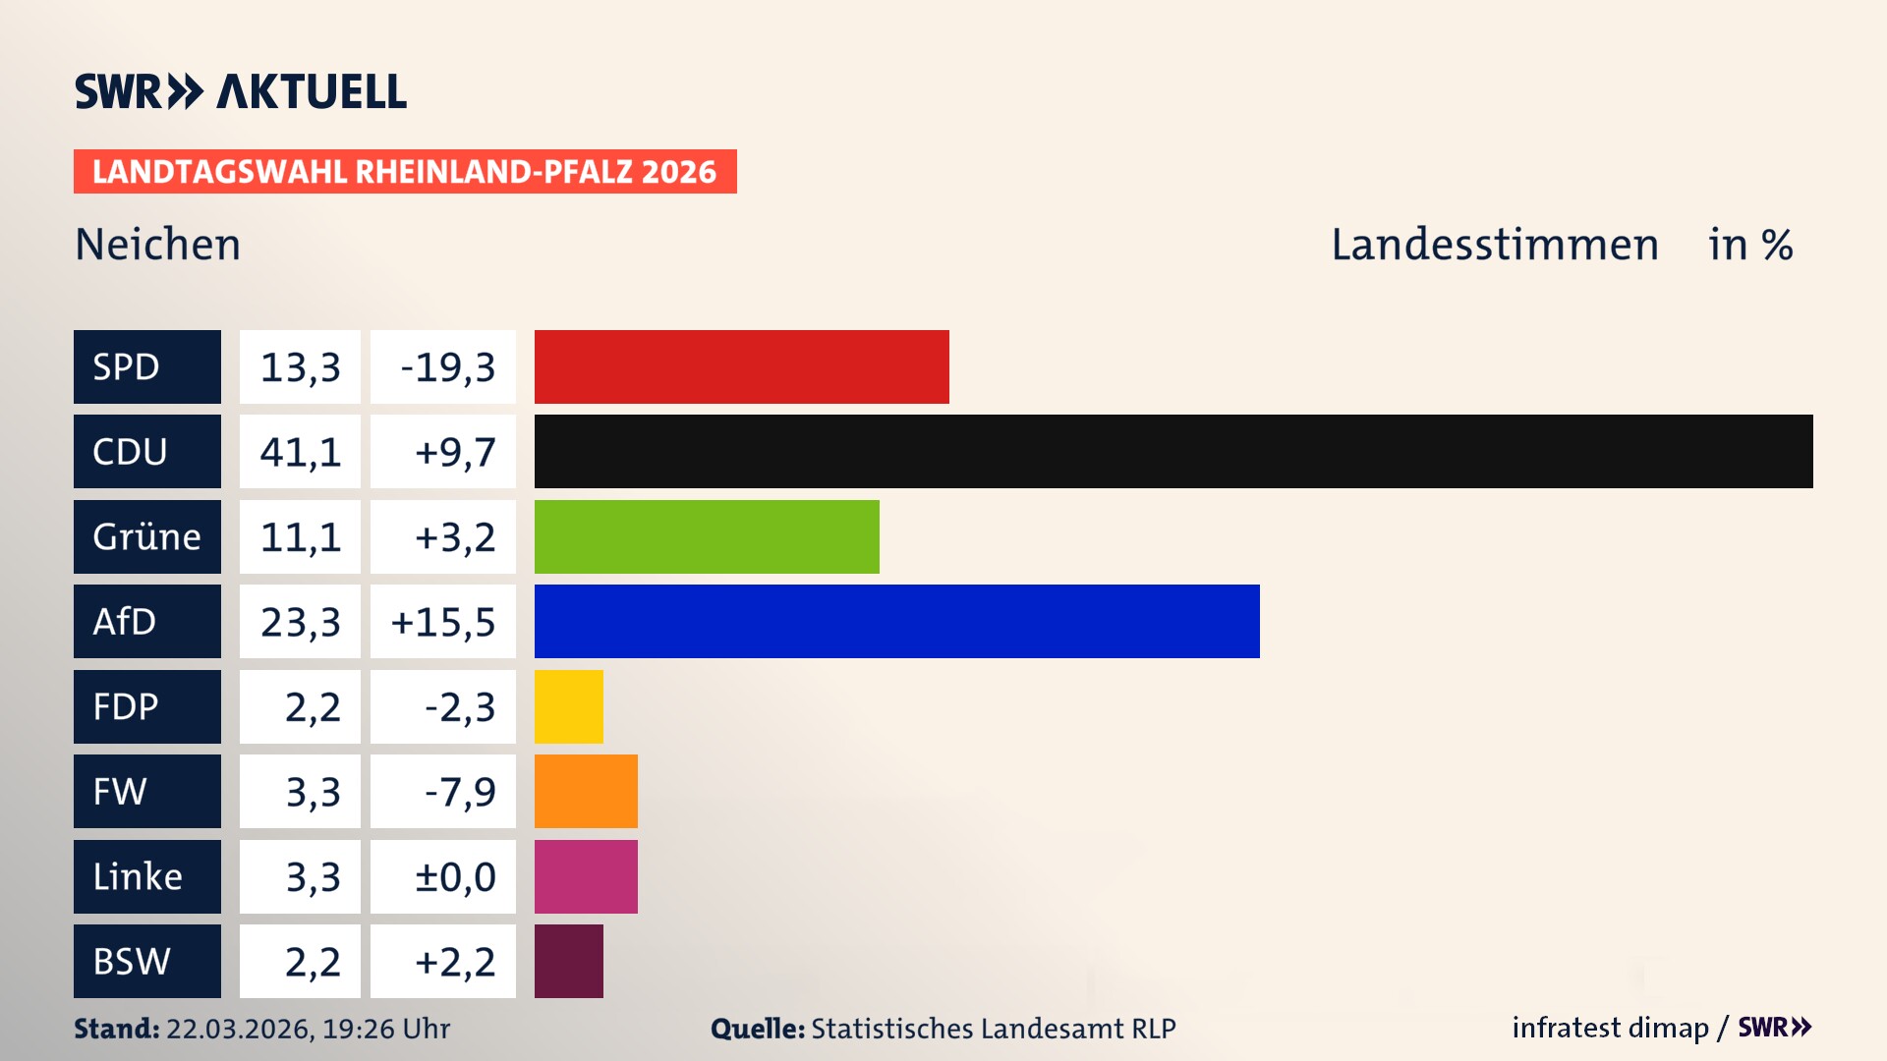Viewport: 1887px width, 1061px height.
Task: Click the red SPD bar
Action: (741, 366)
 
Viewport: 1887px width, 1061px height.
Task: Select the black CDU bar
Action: (1172, 451)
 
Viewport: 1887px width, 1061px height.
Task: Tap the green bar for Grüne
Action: (706, 536)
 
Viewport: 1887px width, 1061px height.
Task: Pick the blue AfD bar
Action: (896, 621)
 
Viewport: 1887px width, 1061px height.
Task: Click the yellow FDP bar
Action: (568, 706)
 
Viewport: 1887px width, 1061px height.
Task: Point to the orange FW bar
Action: (586, 791)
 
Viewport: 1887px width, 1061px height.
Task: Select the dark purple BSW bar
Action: (568, 961)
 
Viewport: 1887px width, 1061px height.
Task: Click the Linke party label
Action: (146, 876)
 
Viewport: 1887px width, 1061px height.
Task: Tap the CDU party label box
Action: (146, 451)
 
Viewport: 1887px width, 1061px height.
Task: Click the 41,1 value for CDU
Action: (300, 452)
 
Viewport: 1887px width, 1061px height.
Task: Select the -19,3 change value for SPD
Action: (447, 367)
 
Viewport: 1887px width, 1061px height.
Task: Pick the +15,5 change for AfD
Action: (443, 622)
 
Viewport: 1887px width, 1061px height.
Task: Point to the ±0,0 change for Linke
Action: (454, 876)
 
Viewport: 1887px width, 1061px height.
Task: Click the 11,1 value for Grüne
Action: (300, 537)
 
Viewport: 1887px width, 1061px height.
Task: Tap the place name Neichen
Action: (157, 245)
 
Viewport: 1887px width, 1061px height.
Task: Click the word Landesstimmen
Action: (1494, 245)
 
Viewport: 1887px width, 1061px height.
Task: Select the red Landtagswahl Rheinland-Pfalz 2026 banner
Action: (404, 172)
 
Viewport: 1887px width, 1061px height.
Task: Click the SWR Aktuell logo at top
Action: (240, 91)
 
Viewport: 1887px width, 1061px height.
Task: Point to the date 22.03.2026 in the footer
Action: (239, 1029)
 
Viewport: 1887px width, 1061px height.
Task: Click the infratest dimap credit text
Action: (1609, 1028)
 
